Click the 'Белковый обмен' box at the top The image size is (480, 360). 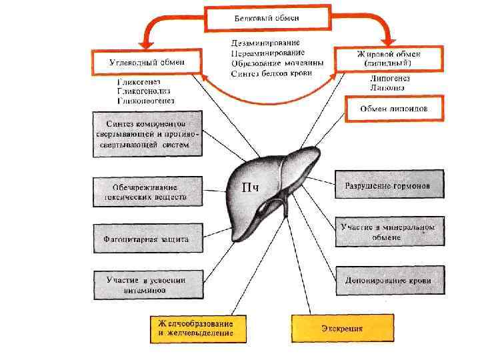[268, 18]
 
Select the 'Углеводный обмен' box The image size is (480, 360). [147, 61]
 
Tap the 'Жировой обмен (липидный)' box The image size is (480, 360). [389, 59]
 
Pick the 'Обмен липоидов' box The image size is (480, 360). [394, 108]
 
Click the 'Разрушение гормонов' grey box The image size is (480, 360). [389, 185]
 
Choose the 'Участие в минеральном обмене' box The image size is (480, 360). [389, 232]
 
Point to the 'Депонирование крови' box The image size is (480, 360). [389, 281]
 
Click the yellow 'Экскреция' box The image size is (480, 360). [341, 327]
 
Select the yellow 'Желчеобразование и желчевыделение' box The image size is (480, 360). [197, 328]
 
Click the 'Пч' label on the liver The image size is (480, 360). [249, 187]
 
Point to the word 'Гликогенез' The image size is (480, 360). [139, 81]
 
